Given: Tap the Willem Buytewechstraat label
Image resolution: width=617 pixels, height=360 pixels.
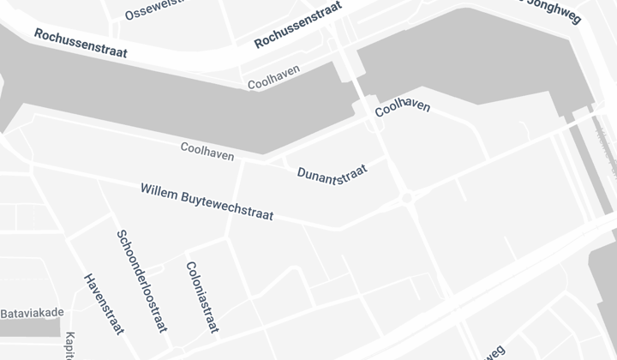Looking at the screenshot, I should [x=207, y=201].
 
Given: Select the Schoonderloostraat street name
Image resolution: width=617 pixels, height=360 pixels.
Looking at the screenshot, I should [x=141, y=280].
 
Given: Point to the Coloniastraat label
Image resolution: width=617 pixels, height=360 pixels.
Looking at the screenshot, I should [x=202, y=297].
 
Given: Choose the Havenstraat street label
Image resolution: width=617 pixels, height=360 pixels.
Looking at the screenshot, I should [x=104, y=303].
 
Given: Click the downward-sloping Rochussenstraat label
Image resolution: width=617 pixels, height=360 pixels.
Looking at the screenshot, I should [x=81, y=44].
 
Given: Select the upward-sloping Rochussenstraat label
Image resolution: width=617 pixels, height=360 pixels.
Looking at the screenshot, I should [x=298, y=25].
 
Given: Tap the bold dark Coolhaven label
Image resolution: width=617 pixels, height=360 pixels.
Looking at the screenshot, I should [x=403, y=107].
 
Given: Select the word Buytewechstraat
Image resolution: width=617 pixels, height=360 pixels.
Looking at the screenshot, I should [x=227, y=206].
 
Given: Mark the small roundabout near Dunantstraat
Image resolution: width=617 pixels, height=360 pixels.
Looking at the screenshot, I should [x=407, y=198].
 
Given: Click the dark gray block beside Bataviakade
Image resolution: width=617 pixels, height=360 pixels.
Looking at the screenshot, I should [x=30, y=327].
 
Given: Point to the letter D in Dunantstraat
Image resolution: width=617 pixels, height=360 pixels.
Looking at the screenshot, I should [x=302, y=176].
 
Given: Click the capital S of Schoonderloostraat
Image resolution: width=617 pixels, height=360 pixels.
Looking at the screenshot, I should [x=121, y=235].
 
